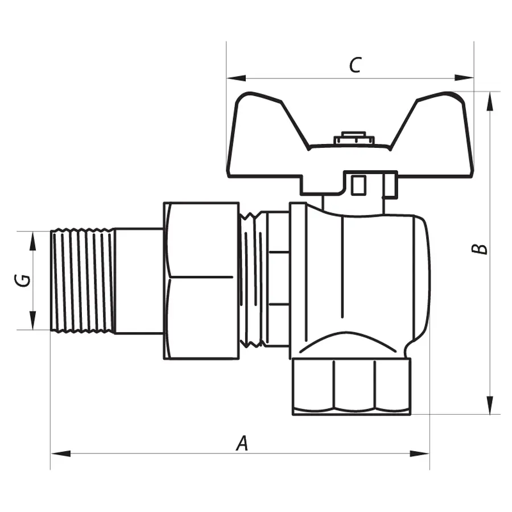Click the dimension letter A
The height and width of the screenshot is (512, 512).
(x=243, y=443)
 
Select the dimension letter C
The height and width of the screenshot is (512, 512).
(x=354, y=65)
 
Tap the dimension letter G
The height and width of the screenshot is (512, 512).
(x=23, y=279)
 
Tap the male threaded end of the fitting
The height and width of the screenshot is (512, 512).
(x=82, y=280)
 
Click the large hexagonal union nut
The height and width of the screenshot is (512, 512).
(x=201, y=280)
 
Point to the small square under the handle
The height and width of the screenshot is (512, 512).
(x=358, y=185)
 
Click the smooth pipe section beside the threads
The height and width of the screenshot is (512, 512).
(x=139, y=280)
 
